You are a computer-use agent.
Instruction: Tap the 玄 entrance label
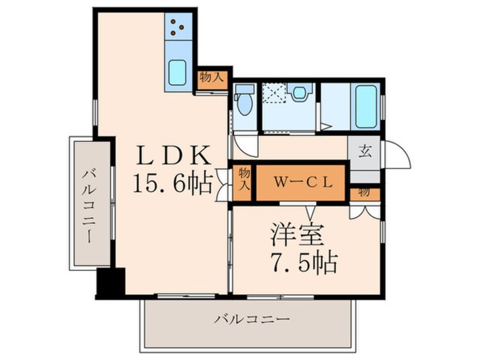365,152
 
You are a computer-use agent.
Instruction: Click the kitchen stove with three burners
178,26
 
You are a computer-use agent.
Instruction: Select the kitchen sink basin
178,73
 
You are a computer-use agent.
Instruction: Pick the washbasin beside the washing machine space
300,92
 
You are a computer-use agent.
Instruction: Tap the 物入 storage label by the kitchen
211,78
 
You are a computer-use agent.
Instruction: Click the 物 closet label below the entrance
364,192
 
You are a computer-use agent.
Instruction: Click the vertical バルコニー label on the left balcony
91,204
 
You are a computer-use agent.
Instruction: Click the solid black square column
110,282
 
